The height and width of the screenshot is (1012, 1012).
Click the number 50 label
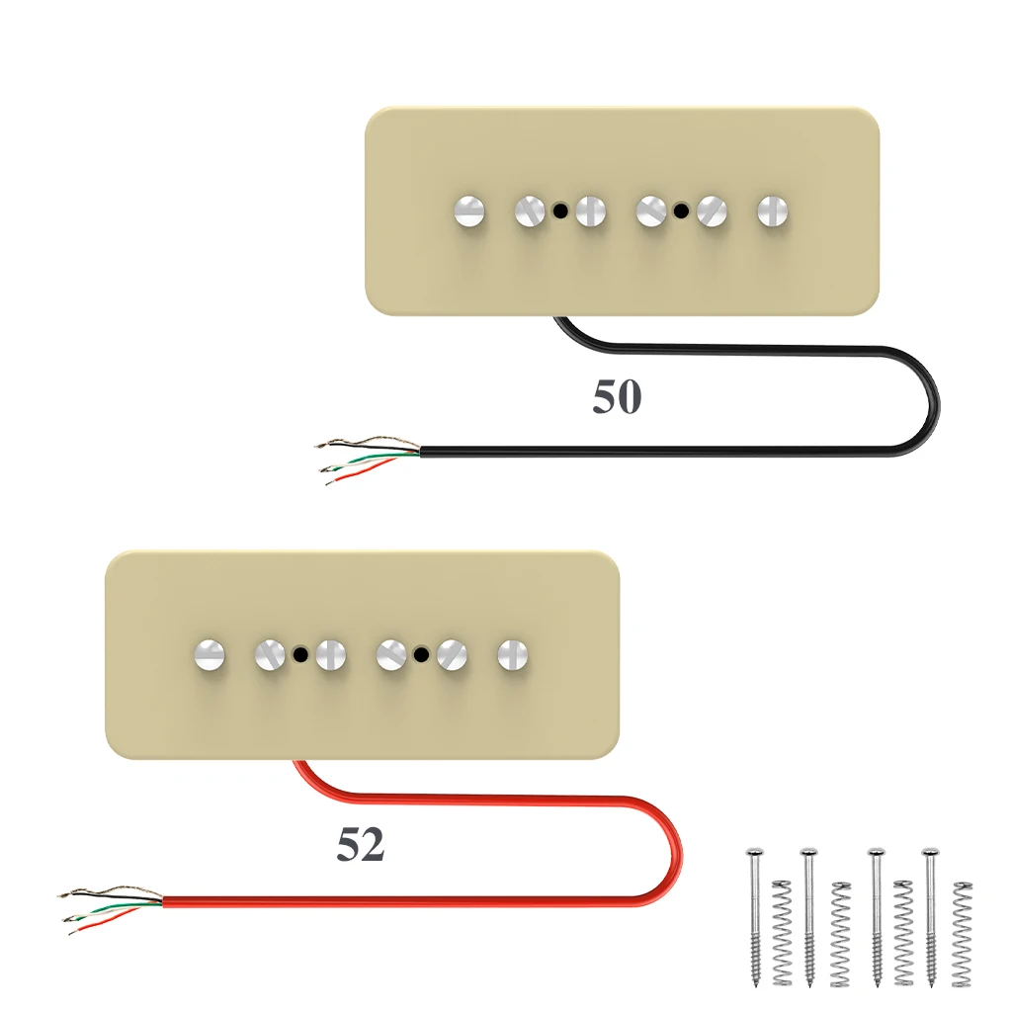pyautogui.click(x=617, y=396)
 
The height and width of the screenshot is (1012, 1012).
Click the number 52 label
pyautogui.click(x=360, y=845)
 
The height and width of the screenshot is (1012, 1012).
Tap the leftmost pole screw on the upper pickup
pyautogui.click(x=468, y=210)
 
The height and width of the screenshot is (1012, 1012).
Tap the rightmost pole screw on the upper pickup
pyautogui.click(x=773, y=210)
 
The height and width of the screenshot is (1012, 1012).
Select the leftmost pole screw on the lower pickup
pyautogui.click(x=209, y=652)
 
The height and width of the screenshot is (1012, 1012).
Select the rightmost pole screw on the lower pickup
pyautogui.click(x=512, y=652)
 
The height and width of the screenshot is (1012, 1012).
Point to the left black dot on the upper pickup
pyautogui.click(x=560, y=211)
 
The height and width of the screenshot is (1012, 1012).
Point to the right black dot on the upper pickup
pyautogui.click(x=681, y=211)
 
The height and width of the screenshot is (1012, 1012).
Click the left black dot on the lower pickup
pyautogui.click(x=300, y=653)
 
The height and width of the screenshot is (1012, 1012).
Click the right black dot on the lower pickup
pyautogui.click(x=421, y=653)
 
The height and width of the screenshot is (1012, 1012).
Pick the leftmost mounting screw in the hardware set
pyautogui.click(x=754, y=914)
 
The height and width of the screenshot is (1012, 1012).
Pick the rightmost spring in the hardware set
pyautogui.click(x=961, y=933)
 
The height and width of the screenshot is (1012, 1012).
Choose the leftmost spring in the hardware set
pyautogui.click(x=782, y=933)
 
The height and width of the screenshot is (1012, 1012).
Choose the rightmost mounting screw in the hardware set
pyautogui.click(x=930, y=914)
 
